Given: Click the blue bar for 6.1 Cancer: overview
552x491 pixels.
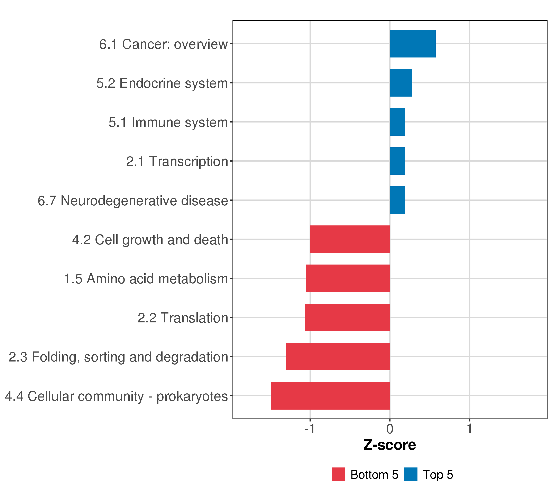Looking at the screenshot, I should coord(412,44).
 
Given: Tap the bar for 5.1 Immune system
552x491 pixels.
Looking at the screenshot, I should coord(397,122).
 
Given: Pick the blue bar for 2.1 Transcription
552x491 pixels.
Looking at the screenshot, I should coord(397,161).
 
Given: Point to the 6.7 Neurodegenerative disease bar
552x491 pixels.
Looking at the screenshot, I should coord(397,200).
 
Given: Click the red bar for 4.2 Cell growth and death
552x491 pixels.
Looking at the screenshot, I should coord(350,239).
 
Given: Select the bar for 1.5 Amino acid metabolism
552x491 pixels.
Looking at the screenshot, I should coord(348,278).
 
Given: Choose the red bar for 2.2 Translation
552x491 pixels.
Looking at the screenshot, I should coord(348,318).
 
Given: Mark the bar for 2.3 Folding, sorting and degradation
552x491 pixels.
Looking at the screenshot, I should coord(338,357).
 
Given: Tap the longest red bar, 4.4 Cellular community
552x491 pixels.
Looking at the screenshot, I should coord(330,396).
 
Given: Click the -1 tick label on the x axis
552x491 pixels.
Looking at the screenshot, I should coord(310,429).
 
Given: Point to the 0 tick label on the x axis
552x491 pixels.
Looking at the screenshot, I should coord(390,429).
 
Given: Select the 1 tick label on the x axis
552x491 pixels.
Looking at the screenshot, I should coord(469,429).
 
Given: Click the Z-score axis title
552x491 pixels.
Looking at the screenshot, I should coord(389,445).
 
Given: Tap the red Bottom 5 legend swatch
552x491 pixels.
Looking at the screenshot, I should coord(338,474).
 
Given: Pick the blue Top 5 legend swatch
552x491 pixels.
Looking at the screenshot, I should coord(411,474).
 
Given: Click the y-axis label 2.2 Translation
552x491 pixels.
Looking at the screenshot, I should coord(183,318).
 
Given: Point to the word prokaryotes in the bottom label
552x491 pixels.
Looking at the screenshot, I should coord(192,397).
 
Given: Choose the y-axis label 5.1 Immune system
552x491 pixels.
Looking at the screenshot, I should coord(168,122).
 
